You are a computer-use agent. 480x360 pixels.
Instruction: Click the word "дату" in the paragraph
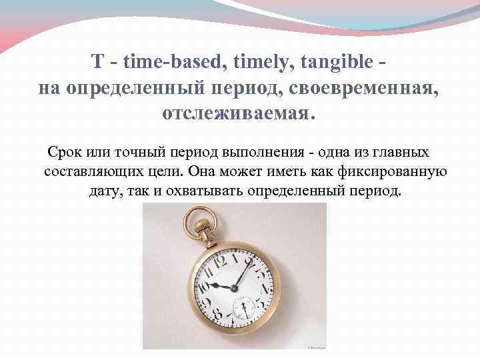[x=104, y=192]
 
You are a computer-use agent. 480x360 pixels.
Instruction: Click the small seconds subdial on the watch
[x=243, y=307]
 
